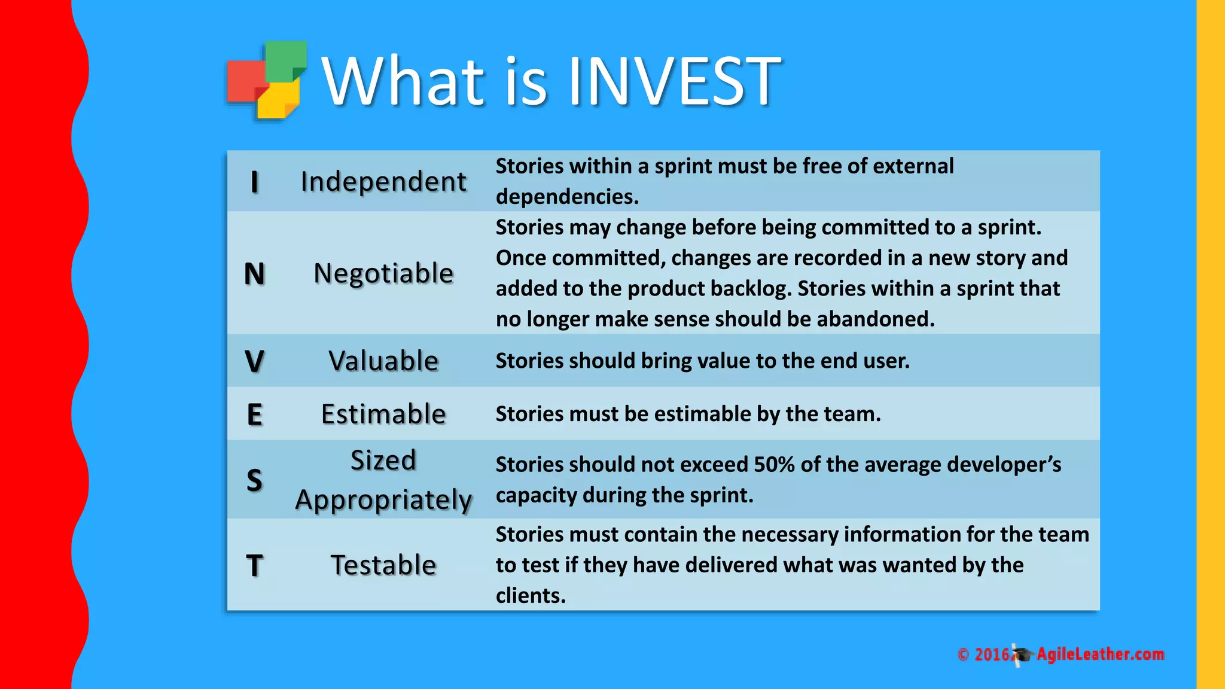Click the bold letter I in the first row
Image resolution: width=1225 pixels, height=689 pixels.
pyautogui.click(x=255, y=182)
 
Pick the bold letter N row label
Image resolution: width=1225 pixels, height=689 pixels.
pyautogui.click(x=255, y=274)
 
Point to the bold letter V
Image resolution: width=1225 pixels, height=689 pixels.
pyautogui.click(x=255, y=361)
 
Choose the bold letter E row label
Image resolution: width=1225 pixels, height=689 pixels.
pyautogui.click(x=255, y=414)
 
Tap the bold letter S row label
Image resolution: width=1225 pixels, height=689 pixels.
pyautogui.click(x=255, y=480)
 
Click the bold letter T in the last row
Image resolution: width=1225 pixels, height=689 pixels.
pyautogui.click(x=255, y=565)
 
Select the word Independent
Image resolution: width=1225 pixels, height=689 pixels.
pyautogui.click(x=383, y=182)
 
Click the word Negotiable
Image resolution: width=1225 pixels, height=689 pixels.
pyautogui.click(x=383, y=274)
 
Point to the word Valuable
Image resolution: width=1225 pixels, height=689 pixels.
pyautogui.click(x=383, y=361)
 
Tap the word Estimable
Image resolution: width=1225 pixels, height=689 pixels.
pyautogui.click(x=383, y=414)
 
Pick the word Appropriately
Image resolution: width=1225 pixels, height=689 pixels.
pyautogui.click(x=383, y=500)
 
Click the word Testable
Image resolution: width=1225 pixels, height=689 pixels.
pyautogui.click(x=383, y=565)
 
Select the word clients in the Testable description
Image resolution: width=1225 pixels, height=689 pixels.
pyautogui.click(x=529, y=596)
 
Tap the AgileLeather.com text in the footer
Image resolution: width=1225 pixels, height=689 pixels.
pyautogui.click(x=1100, y=654)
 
